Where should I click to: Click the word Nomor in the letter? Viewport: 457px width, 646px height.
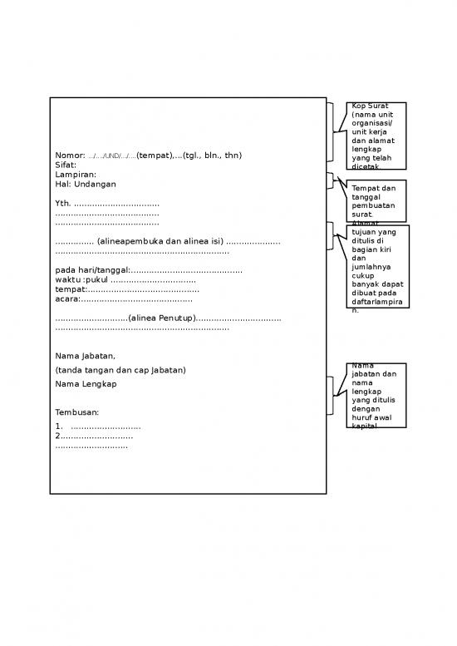70,155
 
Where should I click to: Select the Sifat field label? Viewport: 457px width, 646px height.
66,165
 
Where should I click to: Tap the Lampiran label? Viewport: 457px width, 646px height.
76,175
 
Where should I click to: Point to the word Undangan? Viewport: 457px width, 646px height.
95,184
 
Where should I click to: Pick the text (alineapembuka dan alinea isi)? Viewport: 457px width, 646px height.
160,241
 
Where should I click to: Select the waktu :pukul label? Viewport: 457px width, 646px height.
81,280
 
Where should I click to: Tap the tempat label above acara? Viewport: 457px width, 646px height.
71,289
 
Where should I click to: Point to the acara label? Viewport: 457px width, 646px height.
67,298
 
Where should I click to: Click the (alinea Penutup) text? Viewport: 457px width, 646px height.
162,318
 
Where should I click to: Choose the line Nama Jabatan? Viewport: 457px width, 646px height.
86,356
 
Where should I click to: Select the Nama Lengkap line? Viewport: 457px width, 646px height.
86,384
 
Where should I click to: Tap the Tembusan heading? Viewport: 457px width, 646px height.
77,412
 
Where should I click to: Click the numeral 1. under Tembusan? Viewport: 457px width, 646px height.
58,427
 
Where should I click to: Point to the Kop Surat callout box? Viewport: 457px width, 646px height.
376,136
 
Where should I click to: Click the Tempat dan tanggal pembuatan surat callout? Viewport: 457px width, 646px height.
376,200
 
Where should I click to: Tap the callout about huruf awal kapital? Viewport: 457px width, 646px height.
376,395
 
